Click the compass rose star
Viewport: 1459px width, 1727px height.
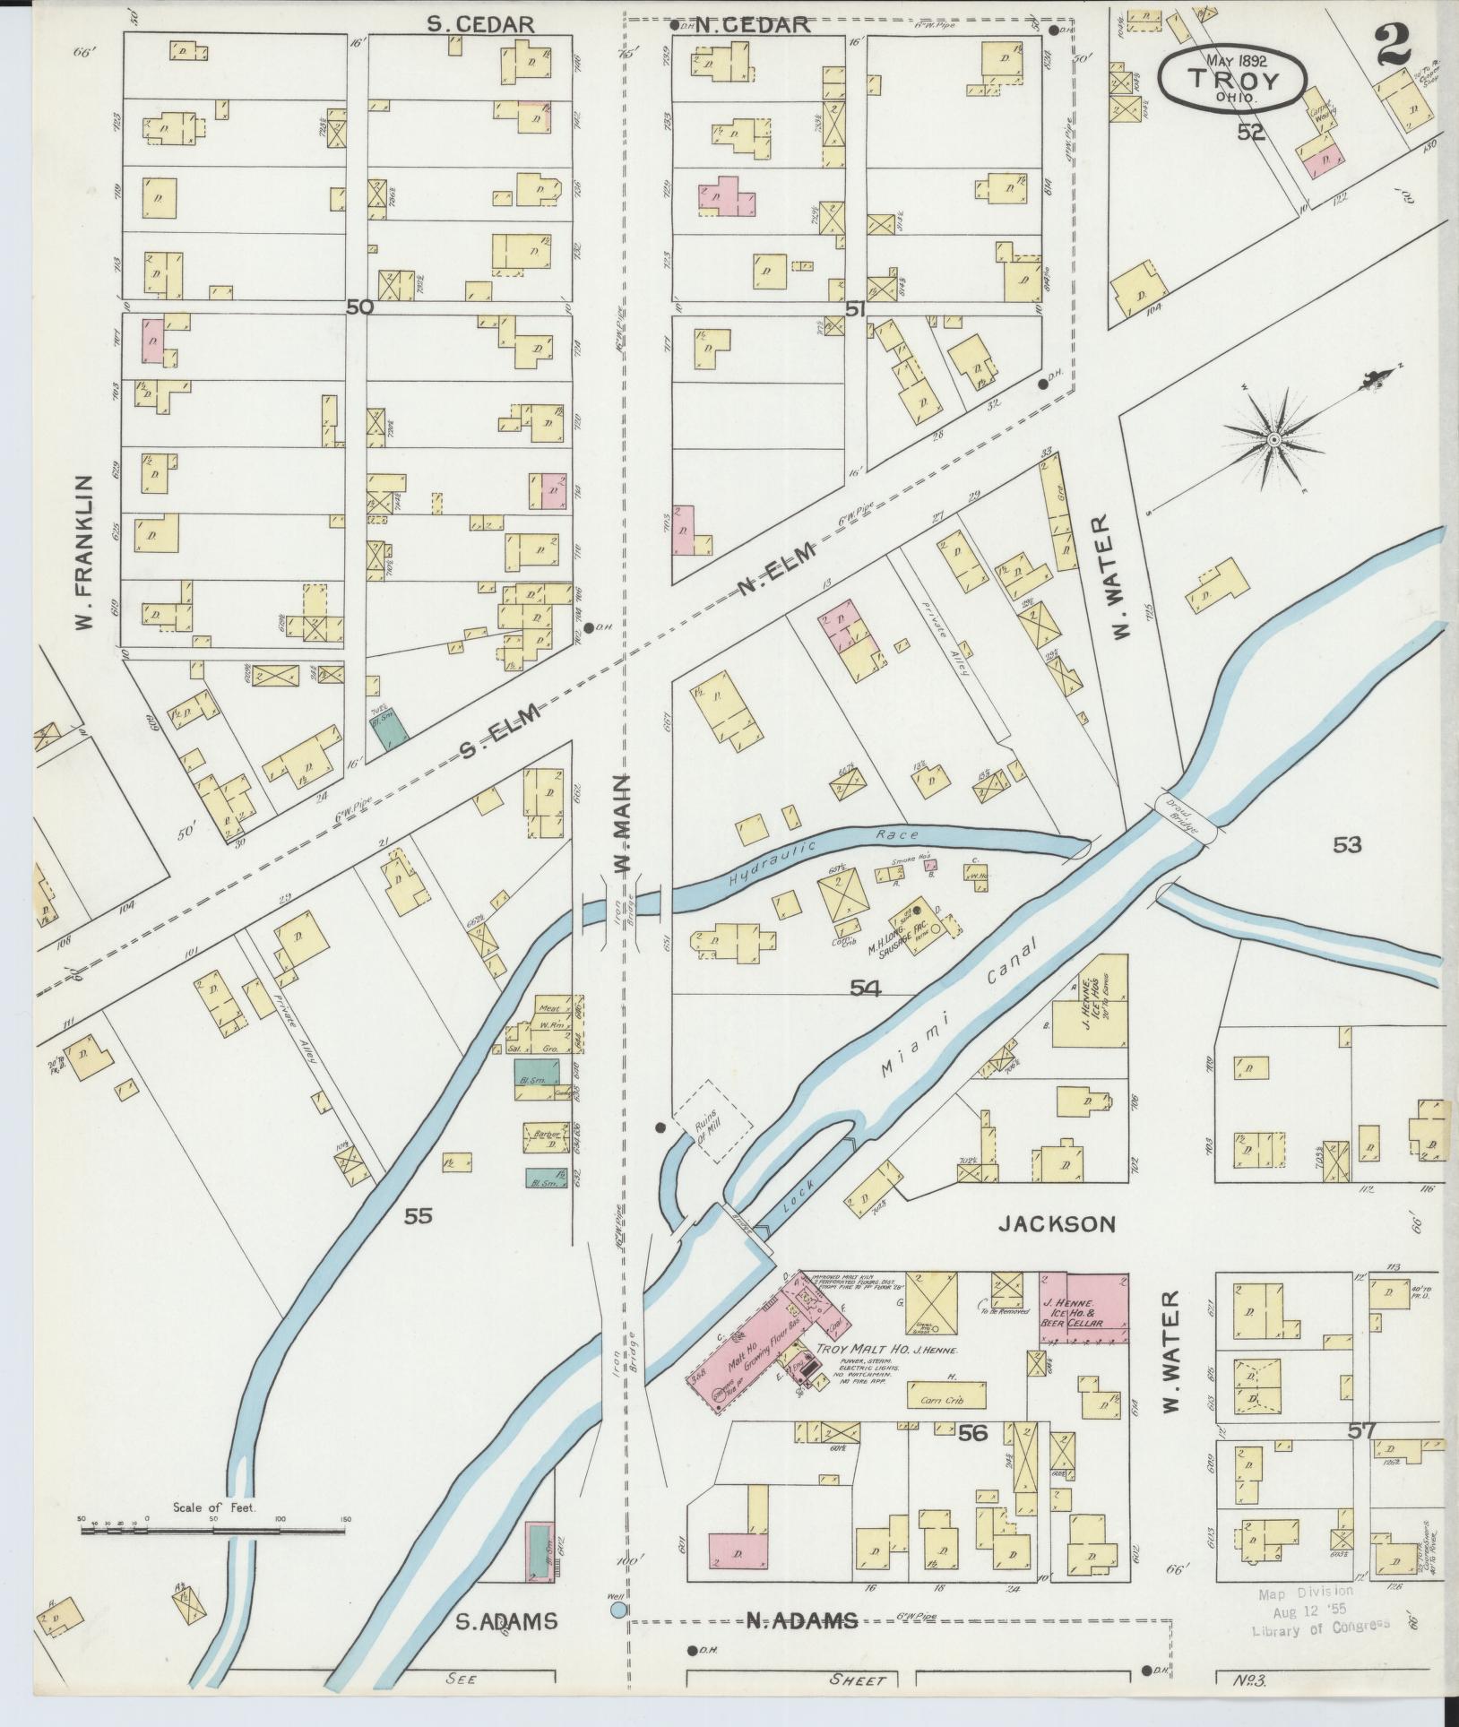(1273, 438)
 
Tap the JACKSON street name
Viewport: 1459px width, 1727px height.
(1057, 1224)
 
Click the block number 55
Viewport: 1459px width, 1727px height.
(418, 1216)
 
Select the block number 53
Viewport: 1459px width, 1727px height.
(1347, 844)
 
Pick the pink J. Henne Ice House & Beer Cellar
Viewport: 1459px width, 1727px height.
(1083, 1308)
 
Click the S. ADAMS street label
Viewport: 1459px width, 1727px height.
(505, 1620)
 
